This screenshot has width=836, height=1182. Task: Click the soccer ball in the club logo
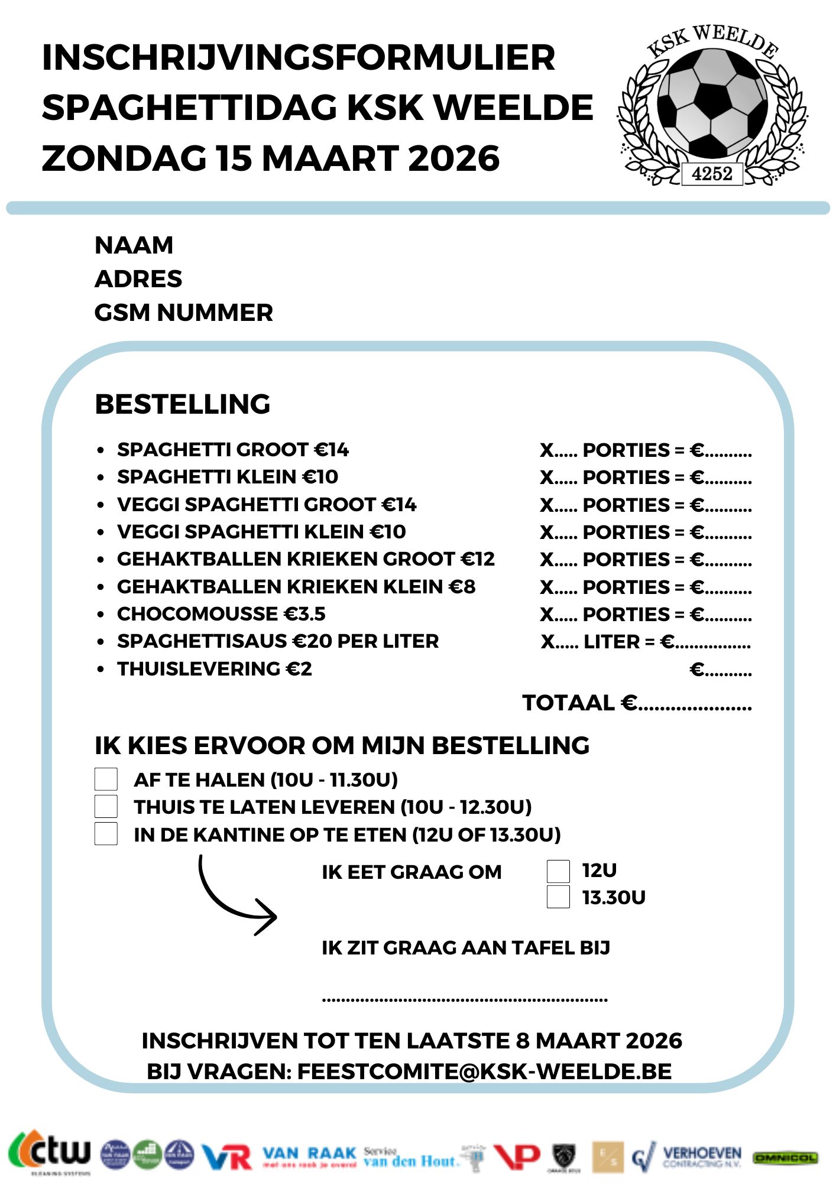(x=712, y=103)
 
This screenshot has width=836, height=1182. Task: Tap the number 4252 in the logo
(x=712, y=174)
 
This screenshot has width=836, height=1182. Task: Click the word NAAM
(x=134, y=245)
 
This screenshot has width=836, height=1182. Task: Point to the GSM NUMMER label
(x=183, y=313)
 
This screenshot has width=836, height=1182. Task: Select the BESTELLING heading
(x=182, y=404)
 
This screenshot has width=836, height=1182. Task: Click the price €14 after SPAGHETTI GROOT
(x=331, y=450)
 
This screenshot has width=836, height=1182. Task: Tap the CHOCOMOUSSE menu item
(x=197, y=614)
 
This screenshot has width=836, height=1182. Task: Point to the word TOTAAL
(x=568, y=703)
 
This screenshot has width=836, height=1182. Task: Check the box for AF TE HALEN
(x=106, y=779)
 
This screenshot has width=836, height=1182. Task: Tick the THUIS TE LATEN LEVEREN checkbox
(x=106, y=806)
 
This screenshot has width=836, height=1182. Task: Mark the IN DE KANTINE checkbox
(x=106, y=834)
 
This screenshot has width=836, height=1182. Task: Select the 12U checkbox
(x=558, y=871)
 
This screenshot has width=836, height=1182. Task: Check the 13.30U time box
(x=558, y=897)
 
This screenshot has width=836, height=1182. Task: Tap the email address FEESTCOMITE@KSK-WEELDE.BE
(x=484, y=1071)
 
